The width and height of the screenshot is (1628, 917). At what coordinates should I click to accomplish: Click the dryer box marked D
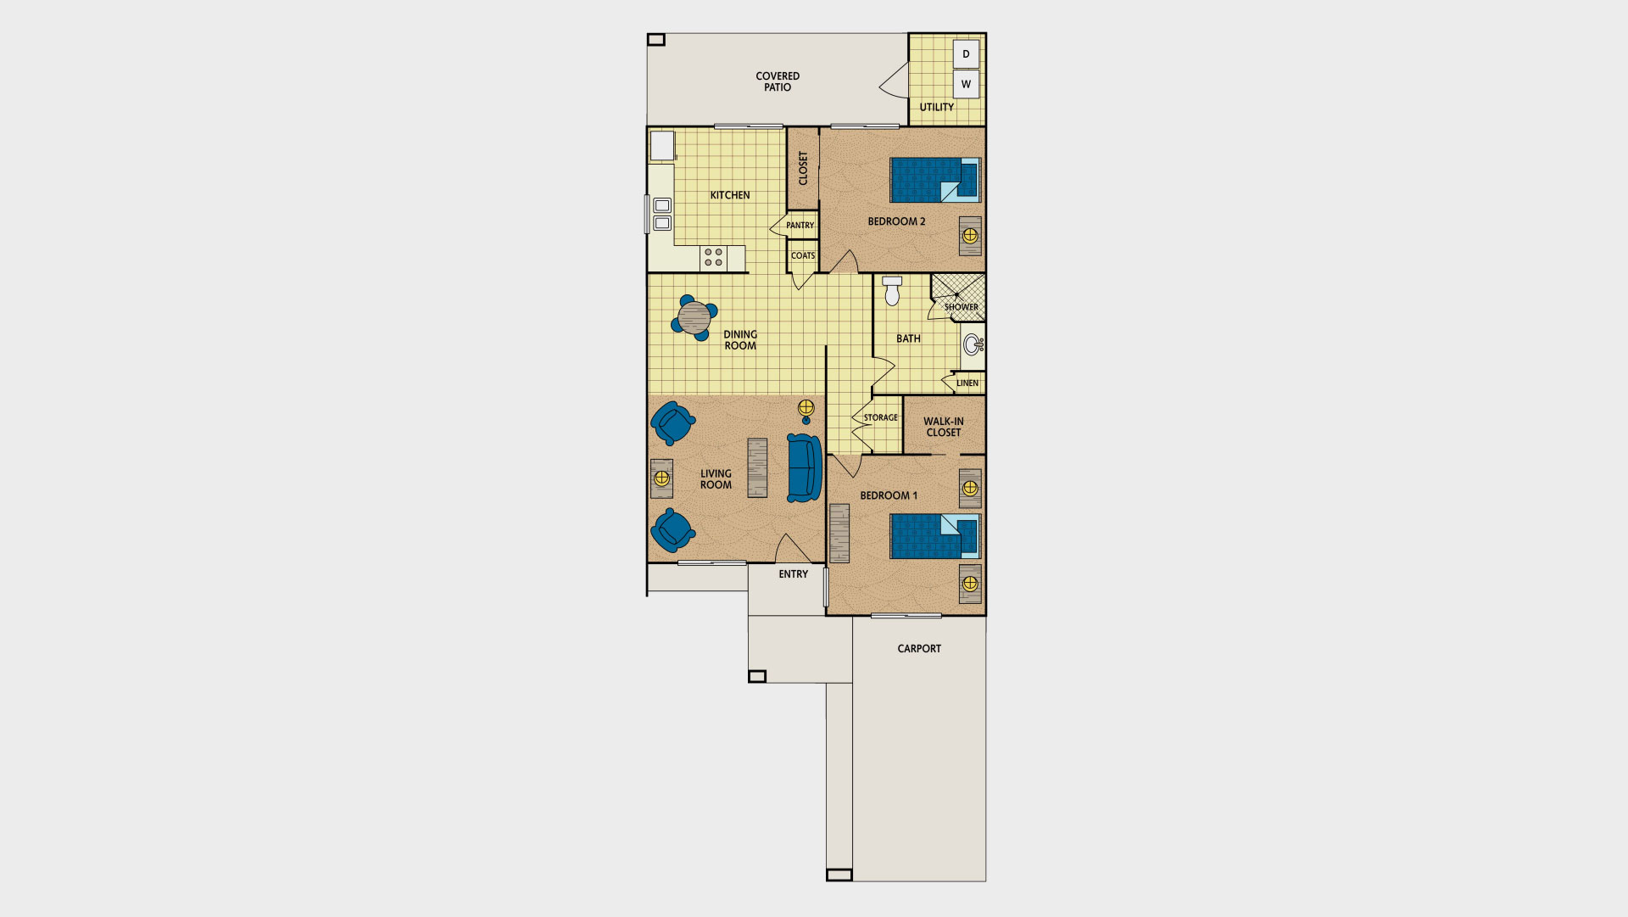(x=966, y=53)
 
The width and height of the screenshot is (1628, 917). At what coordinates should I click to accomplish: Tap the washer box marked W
(x=966, y=84)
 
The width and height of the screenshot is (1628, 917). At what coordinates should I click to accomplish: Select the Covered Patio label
(x=778, y=81)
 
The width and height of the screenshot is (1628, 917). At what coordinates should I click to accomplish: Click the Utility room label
(x=937, y=107)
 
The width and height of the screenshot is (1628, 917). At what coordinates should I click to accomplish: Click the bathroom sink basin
(x=973, y=345)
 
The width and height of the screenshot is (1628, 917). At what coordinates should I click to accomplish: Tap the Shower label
(x=962, y=307)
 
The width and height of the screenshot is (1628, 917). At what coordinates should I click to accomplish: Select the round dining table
(x=694, y=318)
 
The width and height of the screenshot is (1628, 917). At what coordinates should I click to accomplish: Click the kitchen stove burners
(x=714, y=257)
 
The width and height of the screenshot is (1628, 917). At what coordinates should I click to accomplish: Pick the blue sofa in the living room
(x=804, y=468)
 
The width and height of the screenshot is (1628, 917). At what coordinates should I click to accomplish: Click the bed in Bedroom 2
(x=935, y=180)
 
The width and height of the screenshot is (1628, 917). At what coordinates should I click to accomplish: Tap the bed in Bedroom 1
(x=935, y=536)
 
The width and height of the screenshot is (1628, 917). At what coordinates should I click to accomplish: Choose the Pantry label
(x=800, y=226)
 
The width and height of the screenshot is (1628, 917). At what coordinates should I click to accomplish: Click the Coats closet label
(x=803, y=255)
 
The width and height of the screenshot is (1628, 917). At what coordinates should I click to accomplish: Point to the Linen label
(x=967, y=383)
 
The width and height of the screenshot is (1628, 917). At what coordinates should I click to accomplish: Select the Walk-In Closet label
(x=944, y=427)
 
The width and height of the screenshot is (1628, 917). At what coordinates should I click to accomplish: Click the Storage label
(x=881, y=417)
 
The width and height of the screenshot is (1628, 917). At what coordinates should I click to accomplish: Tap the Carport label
(x=919, y=649)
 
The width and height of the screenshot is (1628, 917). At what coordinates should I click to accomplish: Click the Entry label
(x=794, y=574)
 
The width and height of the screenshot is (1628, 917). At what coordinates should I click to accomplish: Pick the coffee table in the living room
(x=757, y=467)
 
